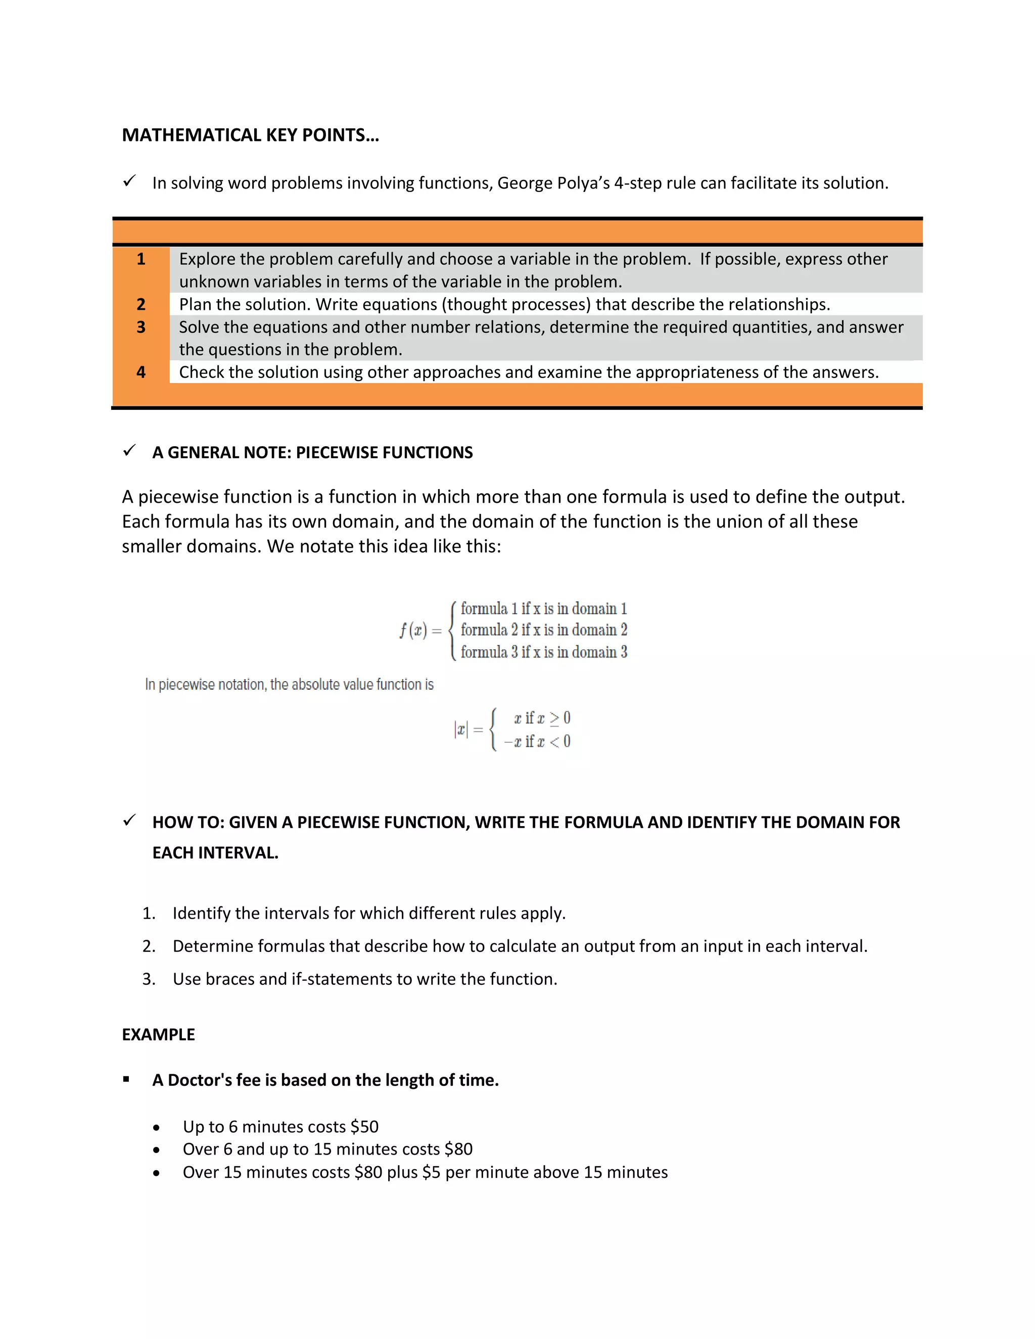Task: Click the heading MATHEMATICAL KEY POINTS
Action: tap(250, 135)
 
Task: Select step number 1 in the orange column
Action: tap(141, 259)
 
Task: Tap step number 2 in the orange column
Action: tap(141, 305)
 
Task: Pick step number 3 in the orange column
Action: tap(141, 327)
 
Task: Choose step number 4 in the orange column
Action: tap(141, 372)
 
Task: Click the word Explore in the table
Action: tap(207, 259)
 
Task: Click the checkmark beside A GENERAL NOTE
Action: tap(129, 451)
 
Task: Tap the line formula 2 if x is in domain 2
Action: tap(543, 630)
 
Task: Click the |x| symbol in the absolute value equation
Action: tap(460, 730)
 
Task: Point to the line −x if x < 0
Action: tap(537, 742)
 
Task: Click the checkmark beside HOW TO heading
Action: tap(129, 821)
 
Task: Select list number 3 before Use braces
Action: tap(149, 979)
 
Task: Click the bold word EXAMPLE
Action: tap(158, 1035)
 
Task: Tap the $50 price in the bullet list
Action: tap(364, 1127)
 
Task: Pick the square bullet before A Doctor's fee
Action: tap(126, 1080)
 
